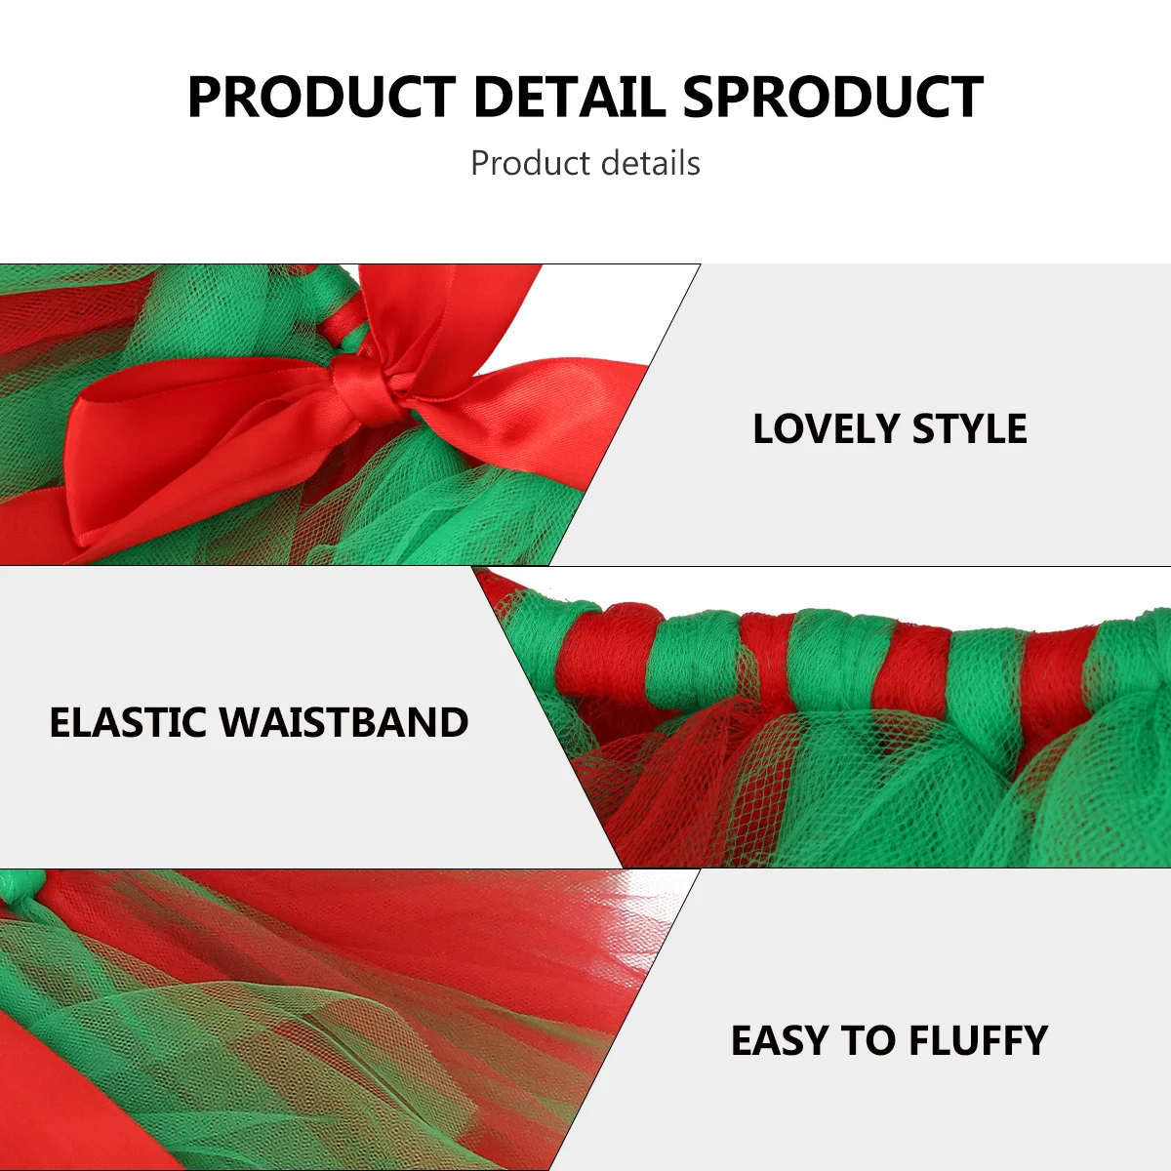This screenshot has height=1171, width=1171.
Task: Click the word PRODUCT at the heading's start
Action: tap(321, 98)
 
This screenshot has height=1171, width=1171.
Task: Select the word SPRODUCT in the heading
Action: tap(832, 98)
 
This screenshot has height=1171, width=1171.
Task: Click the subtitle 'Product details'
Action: tap(585, 163)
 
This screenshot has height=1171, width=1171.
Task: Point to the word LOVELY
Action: tap(826, 429)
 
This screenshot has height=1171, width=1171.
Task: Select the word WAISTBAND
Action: tap(343, 723)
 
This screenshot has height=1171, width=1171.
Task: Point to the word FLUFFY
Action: tap(978, 1041)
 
